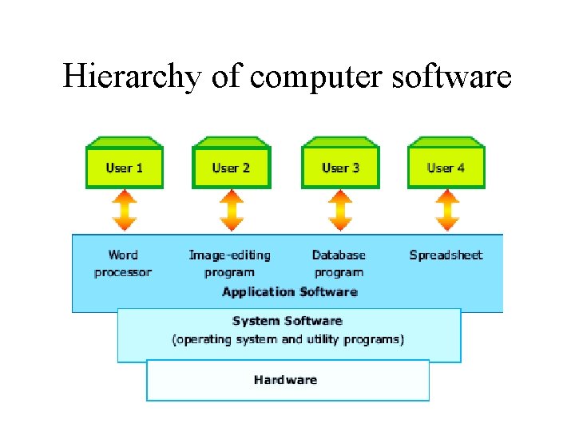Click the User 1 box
tap(124, 167)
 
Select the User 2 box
tap(231, 167)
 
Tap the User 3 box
tap(340, 167)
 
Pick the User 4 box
tap(446, 167)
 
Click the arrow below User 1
tap(124, 211)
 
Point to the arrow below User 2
tap(231, 211)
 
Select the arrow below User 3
tap(340, 211)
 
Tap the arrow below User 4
tap(446, 211)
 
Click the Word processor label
tap(123, 263)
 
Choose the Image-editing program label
tap(229, 263)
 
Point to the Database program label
tap(339, 263)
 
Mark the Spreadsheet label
tap(446, 255)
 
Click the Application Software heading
tap(289, 291)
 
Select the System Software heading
tap(287, 321)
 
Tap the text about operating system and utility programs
tap(288, 339)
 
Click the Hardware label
tap(285, 380)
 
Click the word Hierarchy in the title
tap(133, 77)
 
